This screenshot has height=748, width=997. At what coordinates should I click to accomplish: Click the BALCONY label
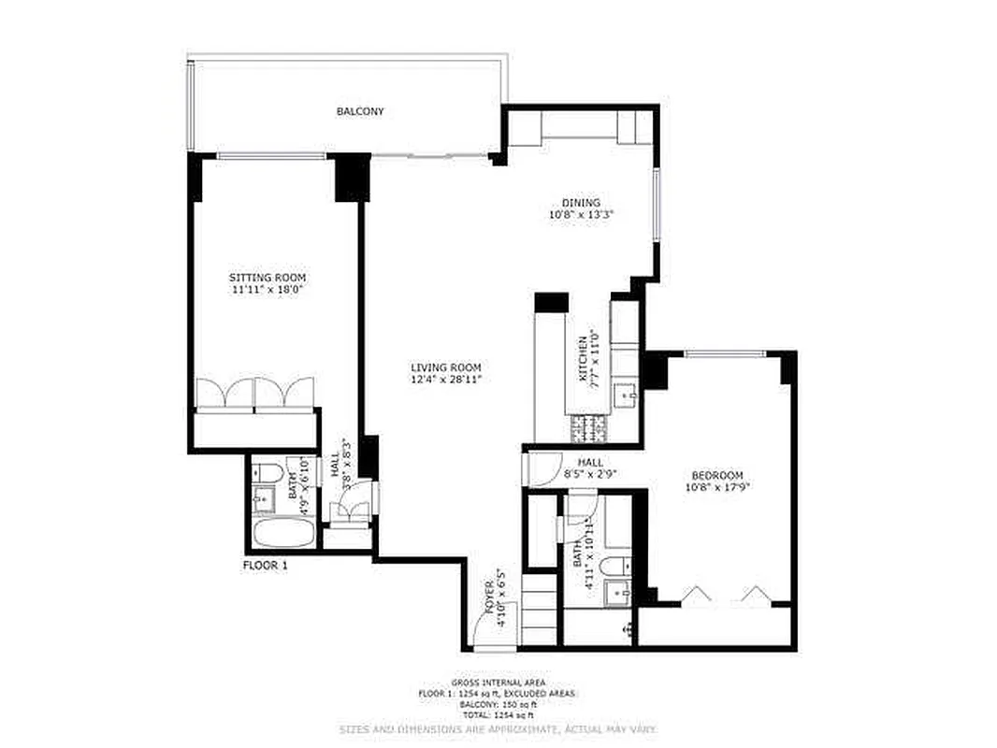click(360, 111)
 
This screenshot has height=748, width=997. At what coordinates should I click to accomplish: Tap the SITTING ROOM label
click(267, 278)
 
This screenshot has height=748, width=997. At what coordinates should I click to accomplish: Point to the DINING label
click(581, 203)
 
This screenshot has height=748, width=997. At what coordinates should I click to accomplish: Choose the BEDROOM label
click(717, 474)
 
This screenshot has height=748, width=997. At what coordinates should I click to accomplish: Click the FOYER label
click(488, 591)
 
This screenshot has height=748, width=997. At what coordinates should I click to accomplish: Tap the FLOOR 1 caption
click(265, 566)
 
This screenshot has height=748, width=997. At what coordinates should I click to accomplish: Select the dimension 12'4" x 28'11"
click(446, 380)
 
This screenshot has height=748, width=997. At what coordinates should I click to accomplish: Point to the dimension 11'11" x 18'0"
click(267, 290)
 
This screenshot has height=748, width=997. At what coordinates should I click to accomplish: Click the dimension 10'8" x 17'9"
click(717, 486)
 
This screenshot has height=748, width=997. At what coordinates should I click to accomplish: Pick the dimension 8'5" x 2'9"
click(590, 474)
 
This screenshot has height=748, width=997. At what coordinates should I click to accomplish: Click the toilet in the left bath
click(265, 472)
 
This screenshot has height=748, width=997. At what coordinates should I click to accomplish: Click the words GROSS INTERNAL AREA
click(498, 683)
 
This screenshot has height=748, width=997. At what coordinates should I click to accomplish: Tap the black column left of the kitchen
click(551, 302)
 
